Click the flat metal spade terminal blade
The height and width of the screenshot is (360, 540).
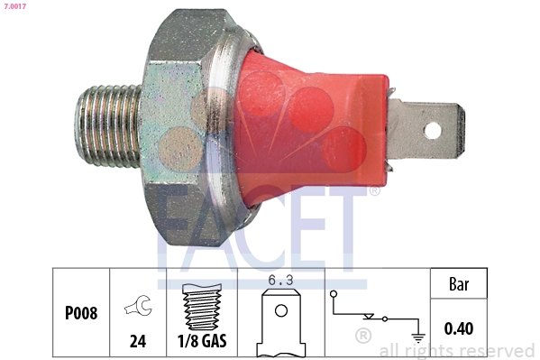pyautogui.click(x=424, y=128)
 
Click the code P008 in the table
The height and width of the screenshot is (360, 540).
pyautogui.click(x=81, y=314)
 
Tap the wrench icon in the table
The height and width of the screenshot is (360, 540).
pyautogui.click(x=139, y=308)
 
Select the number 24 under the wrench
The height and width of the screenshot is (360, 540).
pyautogui.click(x=139, y=343)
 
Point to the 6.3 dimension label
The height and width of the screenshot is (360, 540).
pyautogui.click(x=283, y=281)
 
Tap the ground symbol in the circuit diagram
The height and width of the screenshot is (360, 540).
pyautogui.click(x=417, y=337)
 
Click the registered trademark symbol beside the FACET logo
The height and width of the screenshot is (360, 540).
pyautogui.click(x=374, y=190)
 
